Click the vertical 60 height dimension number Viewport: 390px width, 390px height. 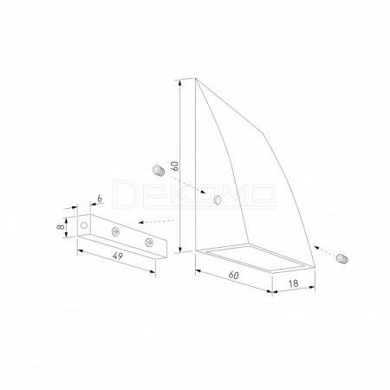point(175,166)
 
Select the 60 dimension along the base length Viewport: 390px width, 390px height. point(233,275)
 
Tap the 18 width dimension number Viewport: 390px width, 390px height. point(294,283)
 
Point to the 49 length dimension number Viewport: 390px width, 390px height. point(118,256)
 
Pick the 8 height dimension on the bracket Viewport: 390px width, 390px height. point(61,227)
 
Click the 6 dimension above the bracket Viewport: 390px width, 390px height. point(100,198)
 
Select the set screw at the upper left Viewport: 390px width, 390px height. point(159,170)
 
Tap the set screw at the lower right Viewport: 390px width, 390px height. point(342,258)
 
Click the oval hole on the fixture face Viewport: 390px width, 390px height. point(218,199)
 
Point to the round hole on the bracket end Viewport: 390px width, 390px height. point(84,225)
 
